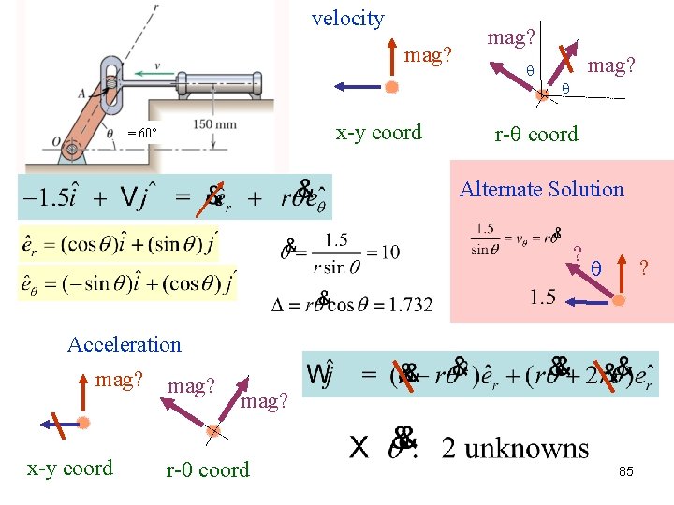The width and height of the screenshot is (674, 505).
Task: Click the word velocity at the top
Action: [347, 19]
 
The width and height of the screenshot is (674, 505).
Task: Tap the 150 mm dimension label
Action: [215, 125]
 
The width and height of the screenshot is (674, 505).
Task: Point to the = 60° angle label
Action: [142, 133]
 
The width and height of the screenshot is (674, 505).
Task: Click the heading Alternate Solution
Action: [541, 189]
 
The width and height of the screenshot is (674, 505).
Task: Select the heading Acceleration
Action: [125, 344]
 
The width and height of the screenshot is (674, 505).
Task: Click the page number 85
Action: [625, 471]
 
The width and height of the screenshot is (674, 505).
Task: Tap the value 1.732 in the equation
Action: [406, 304]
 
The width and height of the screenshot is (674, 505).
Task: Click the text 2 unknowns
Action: [515, 449]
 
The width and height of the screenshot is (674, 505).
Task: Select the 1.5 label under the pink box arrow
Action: [542, 297]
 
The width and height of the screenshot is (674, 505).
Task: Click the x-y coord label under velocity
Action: [378, 133]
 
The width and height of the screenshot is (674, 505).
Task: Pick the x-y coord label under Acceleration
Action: [70, 468]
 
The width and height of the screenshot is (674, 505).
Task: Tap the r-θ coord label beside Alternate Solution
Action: [536, 134]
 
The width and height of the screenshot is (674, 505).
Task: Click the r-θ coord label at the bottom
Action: [208, 469]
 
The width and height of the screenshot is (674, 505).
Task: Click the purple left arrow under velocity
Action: [360, 86]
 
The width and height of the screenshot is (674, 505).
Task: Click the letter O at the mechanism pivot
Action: [57, 142]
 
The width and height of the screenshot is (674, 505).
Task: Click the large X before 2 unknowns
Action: [359, 448]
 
